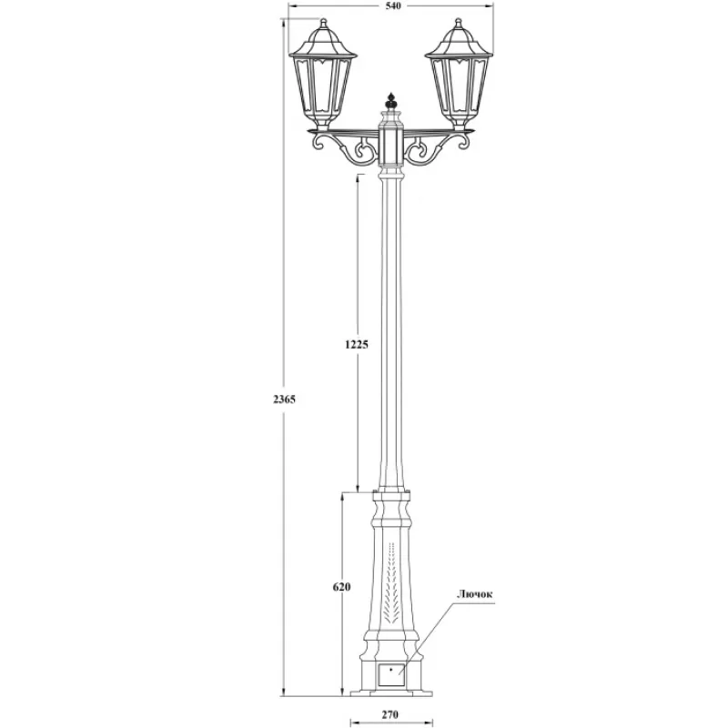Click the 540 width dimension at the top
coord(393,5)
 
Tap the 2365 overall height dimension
coord(284,399)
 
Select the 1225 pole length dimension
coord(357,344)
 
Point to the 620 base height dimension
coord(342,587)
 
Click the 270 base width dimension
coord(390,715)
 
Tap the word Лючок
coord(474,594)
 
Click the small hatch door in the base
coord(390,675)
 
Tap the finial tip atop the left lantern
coord(324,19)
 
